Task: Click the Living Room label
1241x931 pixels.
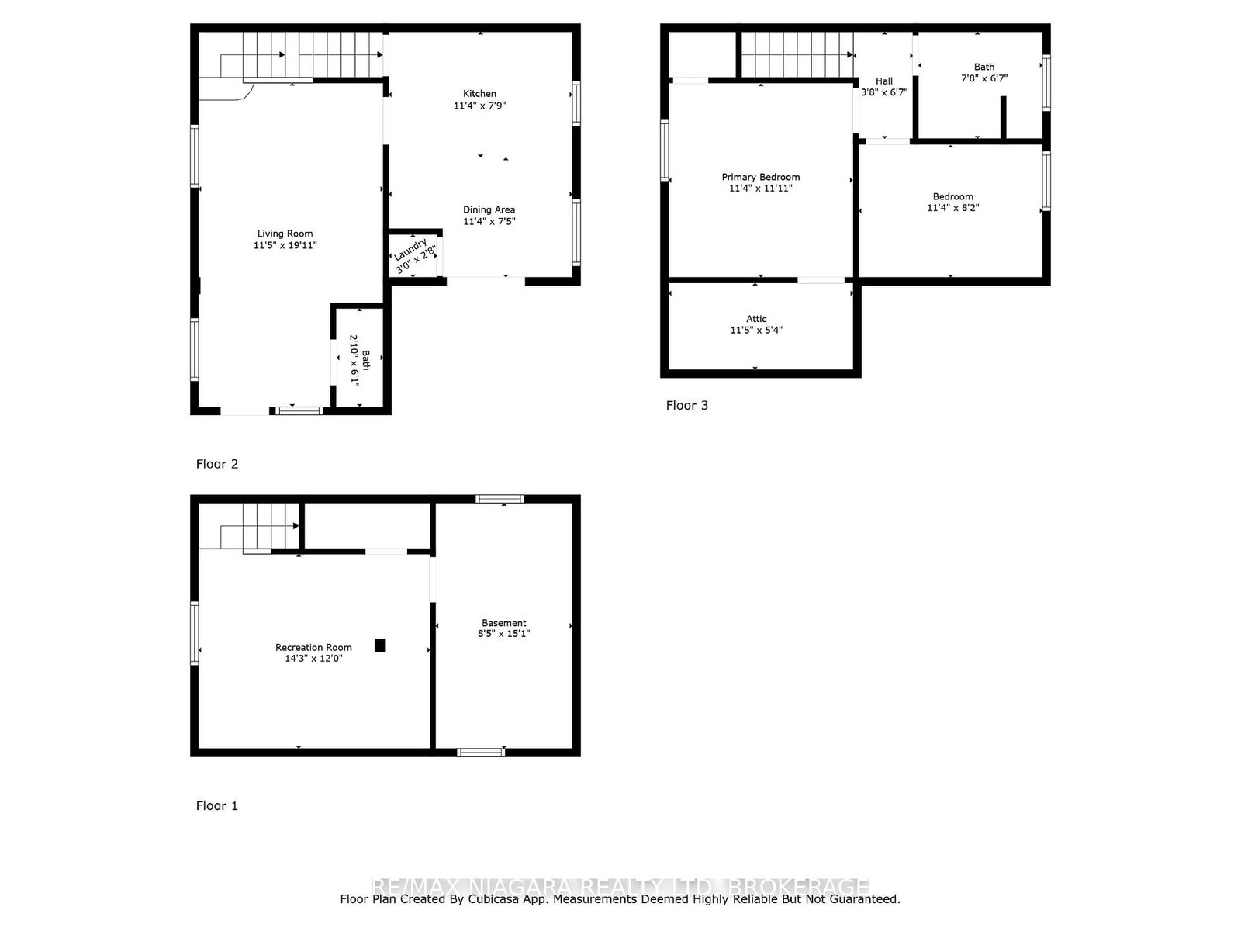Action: pos(285,234)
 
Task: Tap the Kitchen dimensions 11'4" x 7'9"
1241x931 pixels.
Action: pos(479,106)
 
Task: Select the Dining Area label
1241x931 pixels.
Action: pos(489,209)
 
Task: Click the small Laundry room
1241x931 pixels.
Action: pos(414,255)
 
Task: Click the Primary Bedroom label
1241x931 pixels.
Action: pos(760,177)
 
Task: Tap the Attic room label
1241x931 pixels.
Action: pos(756,319)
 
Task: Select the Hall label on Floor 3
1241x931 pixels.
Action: pos(884,81)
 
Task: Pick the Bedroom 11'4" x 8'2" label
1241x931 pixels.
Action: pos(952,197)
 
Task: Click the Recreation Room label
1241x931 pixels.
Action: pos(313,647)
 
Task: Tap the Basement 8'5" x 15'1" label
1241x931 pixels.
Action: pos(503,623)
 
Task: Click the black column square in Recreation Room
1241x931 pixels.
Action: pos(380,645)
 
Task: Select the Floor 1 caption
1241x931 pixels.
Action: pos(216,805)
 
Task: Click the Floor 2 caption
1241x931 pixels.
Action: pos(216,464)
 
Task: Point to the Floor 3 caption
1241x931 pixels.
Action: pos(686,405)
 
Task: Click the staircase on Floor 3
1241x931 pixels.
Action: pos(795,55)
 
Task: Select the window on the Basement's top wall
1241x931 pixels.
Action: pos(500,499)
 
